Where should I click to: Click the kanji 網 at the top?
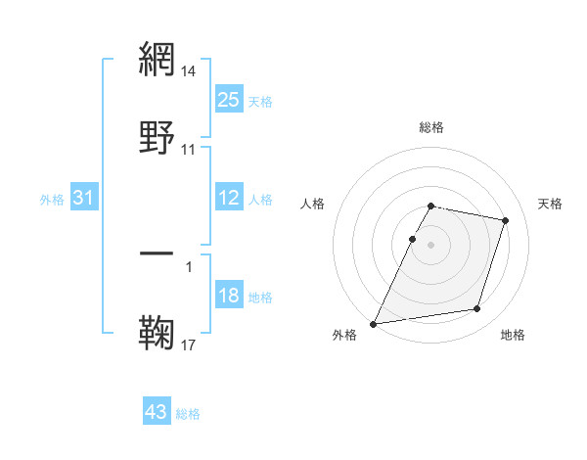click(158, 60)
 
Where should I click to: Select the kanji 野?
click(158, 138)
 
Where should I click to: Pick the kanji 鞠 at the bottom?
click(158, 334)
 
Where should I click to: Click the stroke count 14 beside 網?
click(189, 71)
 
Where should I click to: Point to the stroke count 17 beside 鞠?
click(189, 345)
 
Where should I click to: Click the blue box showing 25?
click(229, 99)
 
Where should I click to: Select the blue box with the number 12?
click(229, 198)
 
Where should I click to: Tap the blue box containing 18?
click(229, 296)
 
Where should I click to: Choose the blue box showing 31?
click(84, 198)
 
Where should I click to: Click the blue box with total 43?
click(157, 412)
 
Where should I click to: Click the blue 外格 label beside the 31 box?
click(52, 199)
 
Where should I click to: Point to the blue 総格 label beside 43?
click(188, 414)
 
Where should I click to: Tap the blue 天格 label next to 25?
click(260, 101)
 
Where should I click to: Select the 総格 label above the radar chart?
click(431, 127)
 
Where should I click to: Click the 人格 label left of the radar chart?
click(313, 204)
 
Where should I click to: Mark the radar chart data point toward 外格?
click(374, 323)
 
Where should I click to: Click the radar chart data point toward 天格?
click(506, 220)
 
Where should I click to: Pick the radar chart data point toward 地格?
click(477, 309)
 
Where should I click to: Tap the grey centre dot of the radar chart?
click(431, 244)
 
